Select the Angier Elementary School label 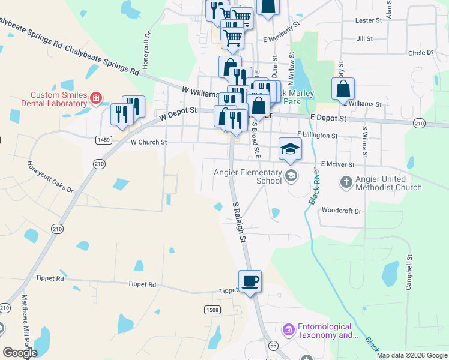[248, 176]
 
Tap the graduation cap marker [290, 149]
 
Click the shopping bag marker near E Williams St [343, 89]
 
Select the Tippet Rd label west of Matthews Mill [52, 278]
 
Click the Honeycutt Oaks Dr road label [50, 177]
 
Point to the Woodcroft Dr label [341, 211]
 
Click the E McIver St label [338, 164]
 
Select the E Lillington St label [318, 136]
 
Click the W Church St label [148, 142]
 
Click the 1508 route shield [212, 310]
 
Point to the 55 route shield [273, 346]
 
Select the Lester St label [369, 20]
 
